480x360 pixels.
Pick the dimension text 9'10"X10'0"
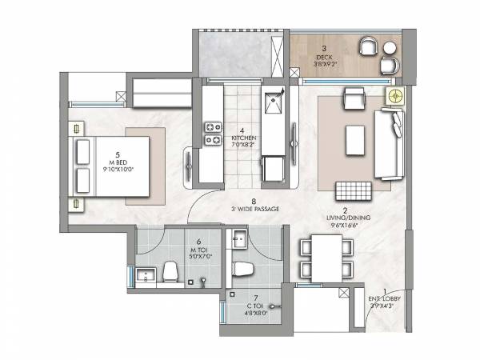pyautogui.click(x=118, y=169)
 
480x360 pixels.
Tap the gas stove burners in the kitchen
pyautogui.click(x=214, y=134)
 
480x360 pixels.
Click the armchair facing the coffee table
pyautogui.click(x=351, y=100)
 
